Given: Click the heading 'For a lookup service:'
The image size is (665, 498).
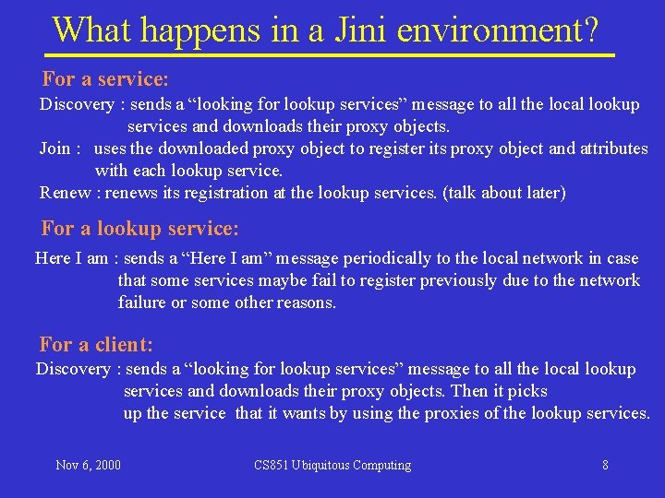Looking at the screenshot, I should click(140, 228).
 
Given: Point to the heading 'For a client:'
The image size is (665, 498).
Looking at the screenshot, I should click(96, 345).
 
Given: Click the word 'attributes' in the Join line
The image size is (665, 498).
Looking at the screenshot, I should click(611, 148).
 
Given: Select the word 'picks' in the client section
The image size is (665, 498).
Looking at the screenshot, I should click(527, 391).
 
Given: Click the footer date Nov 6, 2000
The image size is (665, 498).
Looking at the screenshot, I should click(88, 465).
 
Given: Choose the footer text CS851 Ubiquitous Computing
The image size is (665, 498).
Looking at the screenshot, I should click(332, 465).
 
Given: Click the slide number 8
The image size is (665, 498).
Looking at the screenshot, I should click(605, 465).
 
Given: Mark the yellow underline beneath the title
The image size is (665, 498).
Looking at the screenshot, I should click(330, 55).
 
